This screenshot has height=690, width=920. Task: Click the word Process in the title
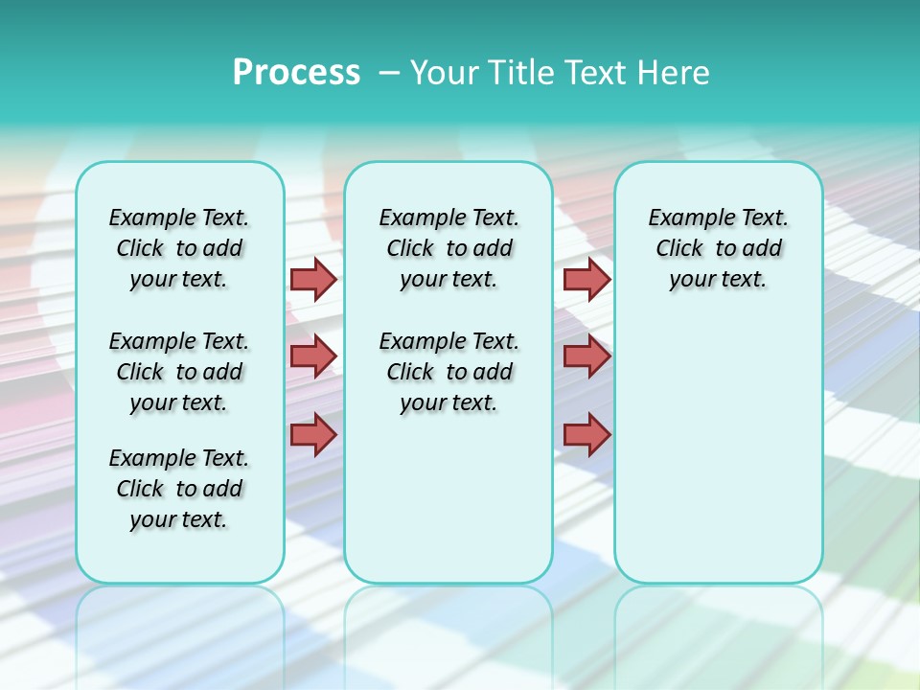tap(296, 72)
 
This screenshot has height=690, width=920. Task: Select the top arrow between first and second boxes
tap(313, 279)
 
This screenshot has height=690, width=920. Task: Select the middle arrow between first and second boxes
tap(313, 356)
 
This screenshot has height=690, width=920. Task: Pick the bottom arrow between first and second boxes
tap(313, 435)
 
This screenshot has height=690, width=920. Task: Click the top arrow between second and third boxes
tap(586, 279)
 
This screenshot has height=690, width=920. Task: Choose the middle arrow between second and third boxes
tap(586, 356)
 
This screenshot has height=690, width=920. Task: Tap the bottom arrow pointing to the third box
tap(586, 435)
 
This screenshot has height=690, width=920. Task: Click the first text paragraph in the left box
tap(179, 248)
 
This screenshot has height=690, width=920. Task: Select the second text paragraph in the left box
tap(179, 372)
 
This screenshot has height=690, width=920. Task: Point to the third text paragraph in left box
tap(179, 489)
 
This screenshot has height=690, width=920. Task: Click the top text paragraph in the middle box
tap(448, 248)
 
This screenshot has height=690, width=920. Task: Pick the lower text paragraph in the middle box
tap(448, 372)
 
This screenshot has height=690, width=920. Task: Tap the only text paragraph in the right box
tap(718, 248)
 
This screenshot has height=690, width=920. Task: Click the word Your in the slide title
tap(444, 72)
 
